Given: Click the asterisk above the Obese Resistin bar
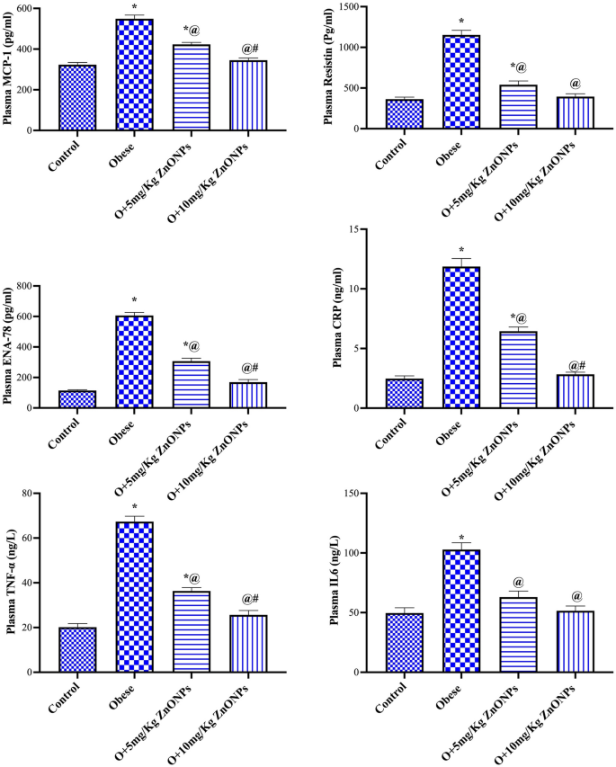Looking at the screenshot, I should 460,22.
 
